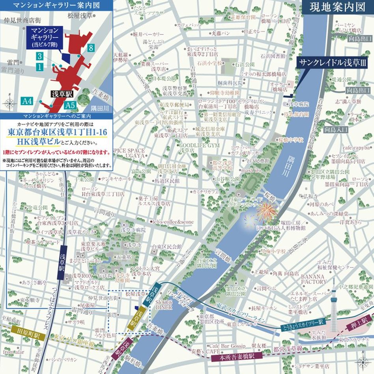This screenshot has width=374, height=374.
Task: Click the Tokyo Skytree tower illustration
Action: (x=335, y=308)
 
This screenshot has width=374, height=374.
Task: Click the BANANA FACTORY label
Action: (x=314, y=279)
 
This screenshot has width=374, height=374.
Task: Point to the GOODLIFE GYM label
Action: (x=199, y=145)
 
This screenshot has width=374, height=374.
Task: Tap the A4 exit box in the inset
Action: (x=27, y=101)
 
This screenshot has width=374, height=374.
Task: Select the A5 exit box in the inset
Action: (x=70, y=105)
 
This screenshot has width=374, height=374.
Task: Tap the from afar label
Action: (x=14, y=351)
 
